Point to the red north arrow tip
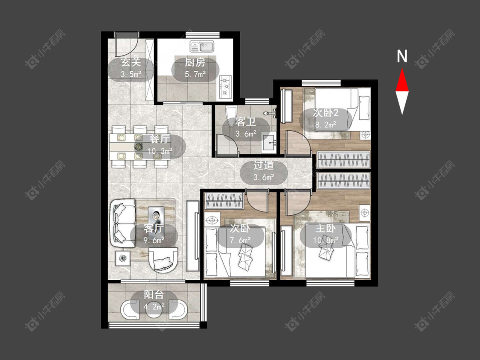(402, 69)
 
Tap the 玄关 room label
(131, 63)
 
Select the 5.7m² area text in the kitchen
(195, 74)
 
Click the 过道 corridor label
(263, 166)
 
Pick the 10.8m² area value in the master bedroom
(326, 240)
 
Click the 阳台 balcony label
(154, 295)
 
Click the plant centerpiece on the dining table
(139, 146)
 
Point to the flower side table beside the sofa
(123, 258)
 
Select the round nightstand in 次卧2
(365, 135)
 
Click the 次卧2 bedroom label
(326, 113)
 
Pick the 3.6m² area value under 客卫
(246, 134)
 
